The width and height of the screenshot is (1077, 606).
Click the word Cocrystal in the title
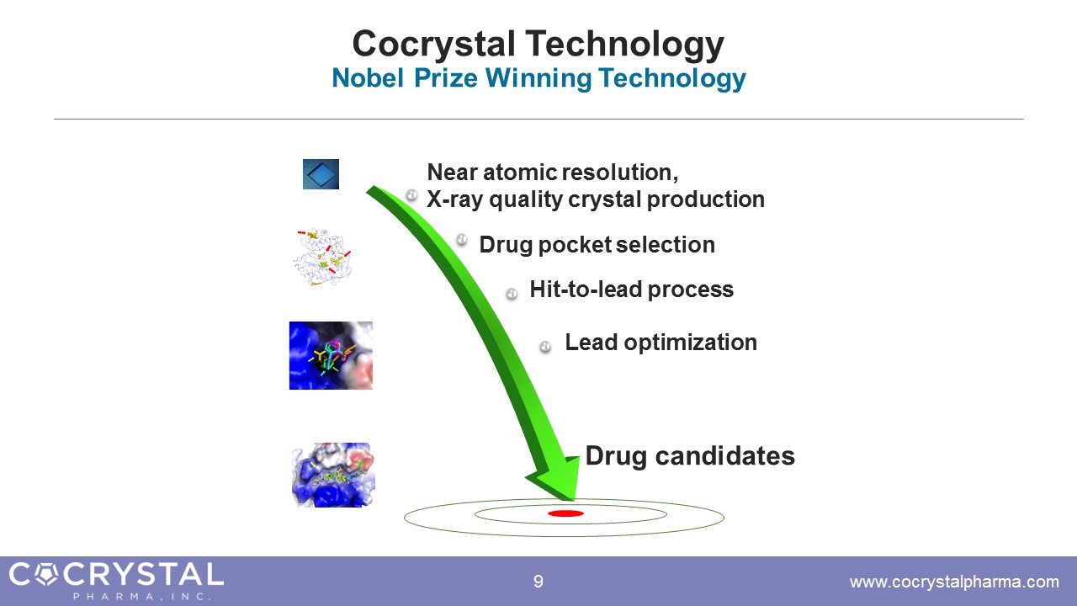click(433, 45)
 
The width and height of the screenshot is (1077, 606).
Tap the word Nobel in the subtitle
click(368, 78)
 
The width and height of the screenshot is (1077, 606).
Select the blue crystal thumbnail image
click(321, 174)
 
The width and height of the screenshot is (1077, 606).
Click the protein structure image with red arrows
click(322, 258)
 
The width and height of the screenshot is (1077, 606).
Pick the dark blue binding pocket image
click(331, 355)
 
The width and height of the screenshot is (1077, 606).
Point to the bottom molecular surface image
click(333, 475)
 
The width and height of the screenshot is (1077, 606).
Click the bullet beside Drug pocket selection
click(462, 239)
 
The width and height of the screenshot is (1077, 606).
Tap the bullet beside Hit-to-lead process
click(512, 294)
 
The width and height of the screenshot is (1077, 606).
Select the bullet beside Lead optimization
click(544, 346)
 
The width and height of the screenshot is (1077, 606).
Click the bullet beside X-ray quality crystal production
click(411, 194)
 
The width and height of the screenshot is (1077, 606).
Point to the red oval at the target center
click(566, 513)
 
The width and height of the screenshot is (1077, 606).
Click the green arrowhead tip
click(575, 500)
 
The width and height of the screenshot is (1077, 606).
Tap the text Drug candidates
click(690, 456)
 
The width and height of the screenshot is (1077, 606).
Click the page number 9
click(538, 582)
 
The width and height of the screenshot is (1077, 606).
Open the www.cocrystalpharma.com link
click(954, 582)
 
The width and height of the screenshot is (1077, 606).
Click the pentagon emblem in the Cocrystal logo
click(46, 575)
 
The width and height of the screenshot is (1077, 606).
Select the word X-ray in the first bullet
click(454, 199)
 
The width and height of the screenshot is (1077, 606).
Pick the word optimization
click(690, 343)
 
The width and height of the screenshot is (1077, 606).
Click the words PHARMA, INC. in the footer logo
click(142, 597)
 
